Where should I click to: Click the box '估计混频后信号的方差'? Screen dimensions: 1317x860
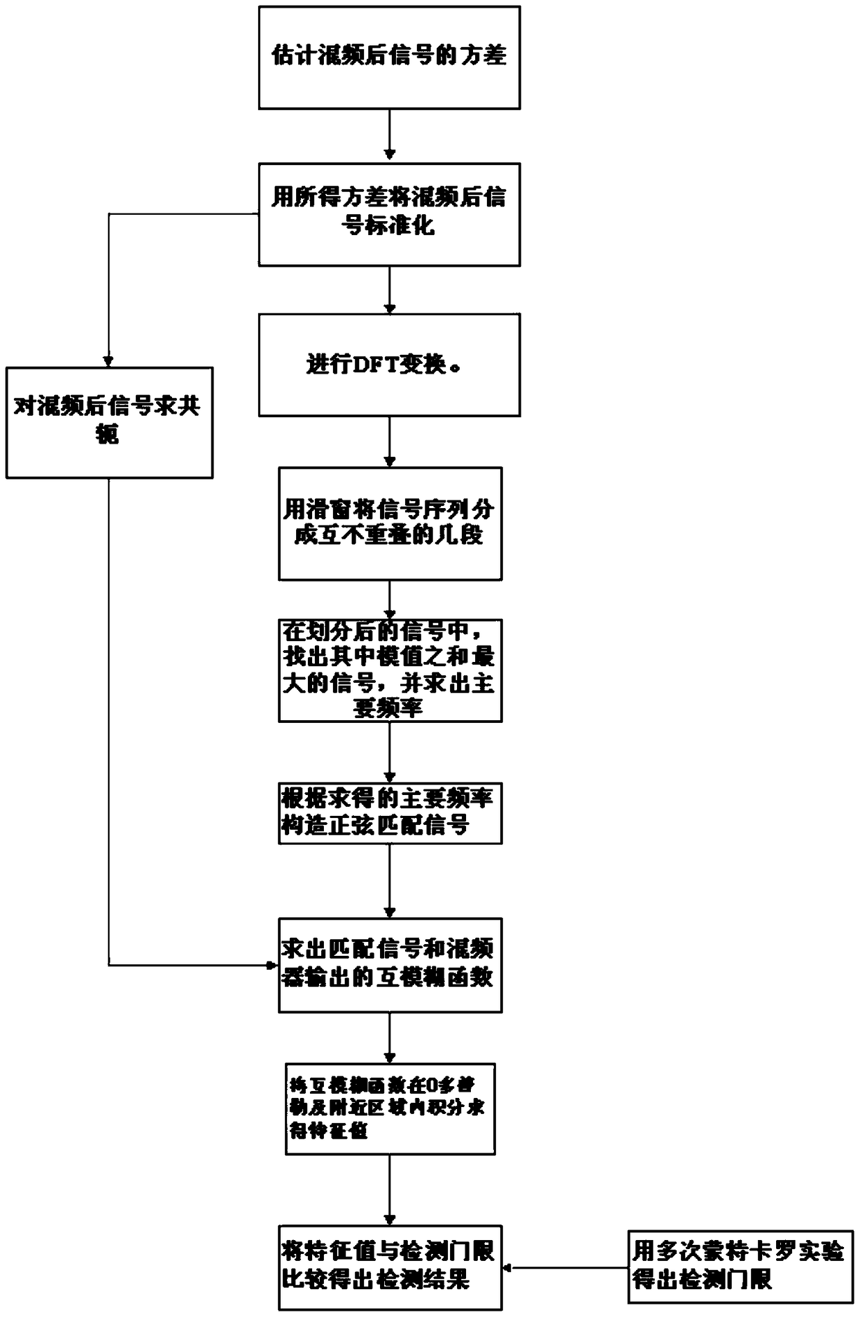[x=389, y=58]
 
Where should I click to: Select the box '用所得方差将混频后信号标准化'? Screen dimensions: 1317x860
[x=389, y=214]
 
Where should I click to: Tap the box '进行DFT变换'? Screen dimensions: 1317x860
[x=389, y=365]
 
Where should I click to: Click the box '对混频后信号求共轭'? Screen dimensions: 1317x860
[x=109, y=422]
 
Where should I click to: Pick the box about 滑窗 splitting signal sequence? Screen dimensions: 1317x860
[x=390, y=523]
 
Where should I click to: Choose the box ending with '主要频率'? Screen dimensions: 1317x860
[x=390, y=670]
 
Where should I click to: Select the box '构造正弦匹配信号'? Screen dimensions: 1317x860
[x=390, y=813]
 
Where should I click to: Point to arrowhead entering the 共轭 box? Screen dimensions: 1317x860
[x=109, y=361]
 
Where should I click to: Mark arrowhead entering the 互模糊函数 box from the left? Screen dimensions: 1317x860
[x=273, y=964]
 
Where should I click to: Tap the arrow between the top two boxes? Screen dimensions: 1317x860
[x=390, y=136]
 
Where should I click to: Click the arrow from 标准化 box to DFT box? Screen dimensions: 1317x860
[x=390, y=290]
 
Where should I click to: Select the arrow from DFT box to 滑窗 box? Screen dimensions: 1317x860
[x=390, y=442]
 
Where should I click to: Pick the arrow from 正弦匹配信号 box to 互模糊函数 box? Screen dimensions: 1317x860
[x=390, y=880]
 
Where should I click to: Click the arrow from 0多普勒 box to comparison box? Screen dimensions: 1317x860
[x=390, y=1189]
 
